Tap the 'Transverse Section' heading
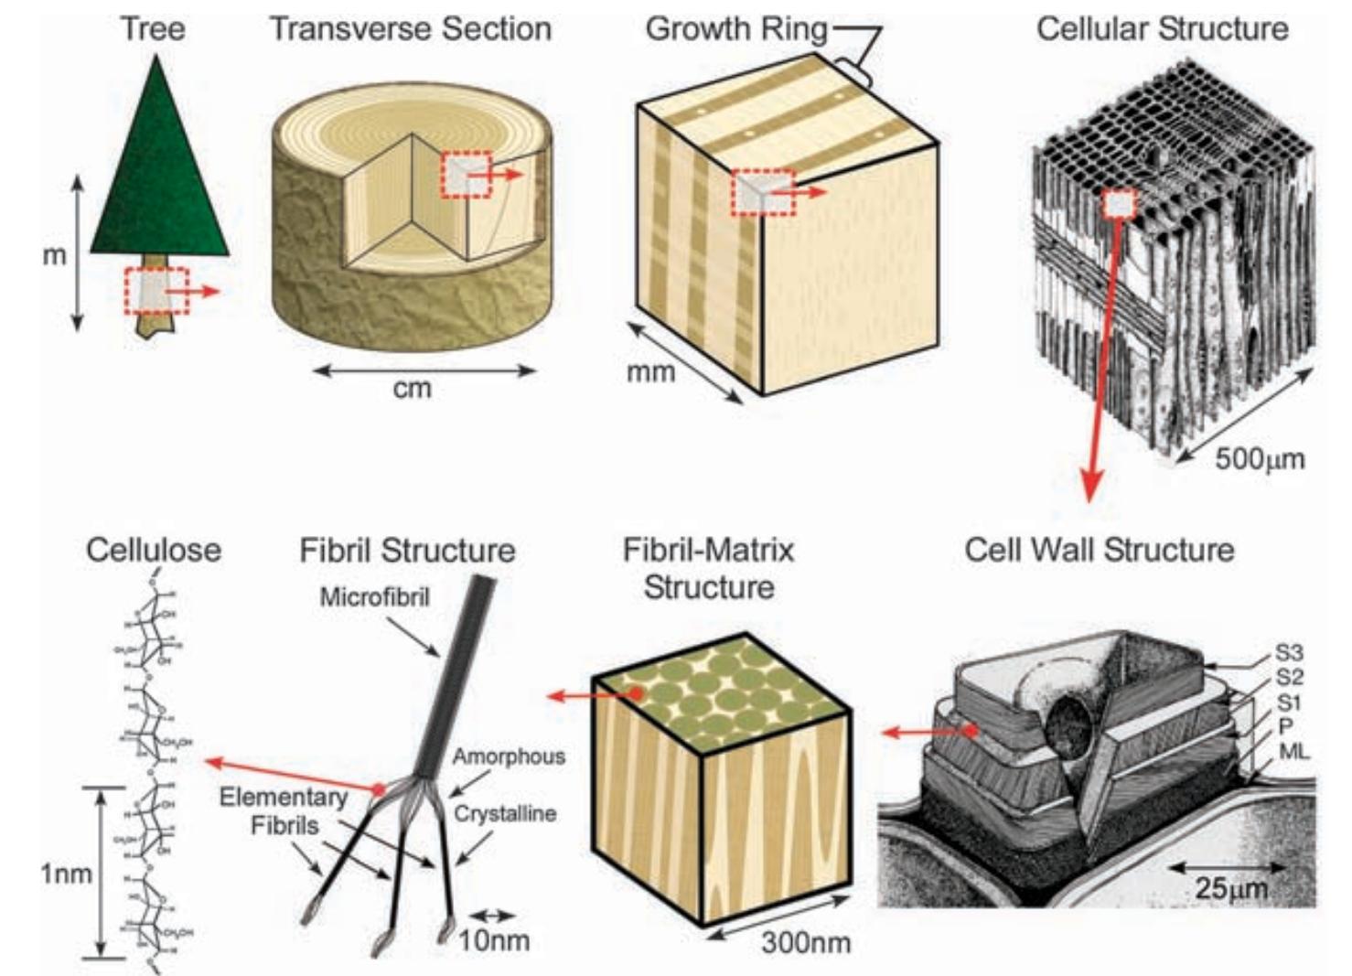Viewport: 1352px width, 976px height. (410, 29)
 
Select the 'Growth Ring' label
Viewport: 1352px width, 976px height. (735, 29)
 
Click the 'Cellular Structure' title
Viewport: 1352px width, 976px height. (1162, 29)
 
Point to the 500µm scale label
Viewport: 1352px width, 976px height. (1259, 458)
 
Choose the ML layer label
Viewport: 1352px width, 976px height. (1293, 752)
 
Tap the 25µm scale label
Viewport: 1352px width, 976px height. (1230, 887)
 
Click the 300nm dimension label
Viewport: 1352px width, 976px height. (805, 942)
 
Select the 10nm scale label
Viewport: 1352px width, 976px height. (494, 939)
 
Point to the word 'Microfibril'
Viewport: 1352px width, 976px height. (374, 597)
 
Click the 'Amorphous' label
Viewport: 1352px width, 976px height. (509, 757)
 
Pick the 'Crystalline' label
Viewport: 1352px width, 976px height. (505, 813)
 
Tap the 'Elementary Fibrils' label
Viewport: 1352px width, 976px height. (284, 811)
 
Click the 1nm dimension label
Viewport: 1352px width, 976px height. (66, 874)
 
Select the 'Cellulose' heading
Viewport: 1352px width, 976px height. (153, 550)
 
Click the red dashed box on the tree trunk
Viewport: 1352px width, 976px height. (156, 291)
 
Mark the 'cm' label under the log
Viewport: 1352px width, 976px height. (412, 389)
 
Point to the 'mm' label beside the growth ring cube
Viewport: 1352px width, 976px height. (650, 372)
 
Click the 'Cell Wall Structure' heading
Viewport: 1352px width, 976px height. (1099, 550)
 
